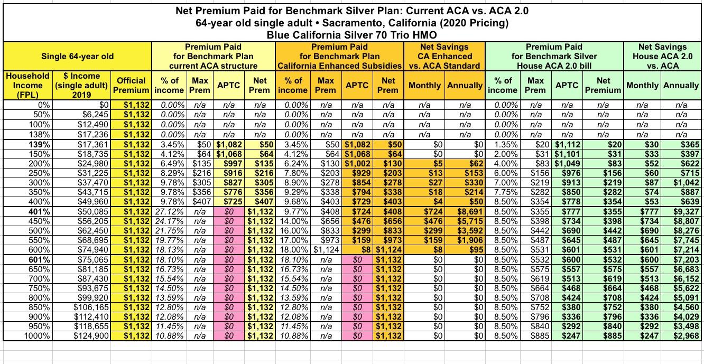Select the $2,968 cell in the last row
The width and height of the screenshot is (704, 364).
tap(686, 335)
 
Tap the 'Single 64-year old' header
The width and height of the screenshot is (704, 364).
tap(78, 57)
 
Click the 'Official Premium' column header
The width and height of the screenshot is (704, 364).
tap(131, 86)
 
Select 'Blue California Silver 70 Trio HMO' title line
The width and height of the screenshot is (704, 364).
tap(351, 34)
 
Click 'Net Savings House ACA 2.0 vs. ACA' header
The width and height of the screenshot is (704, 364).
tap(663, 57)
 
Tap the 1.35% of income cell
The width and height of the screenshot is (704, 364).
tap(506, 143)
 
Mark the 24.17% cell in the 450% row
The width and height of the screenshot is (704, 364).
tap(169, 220)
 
